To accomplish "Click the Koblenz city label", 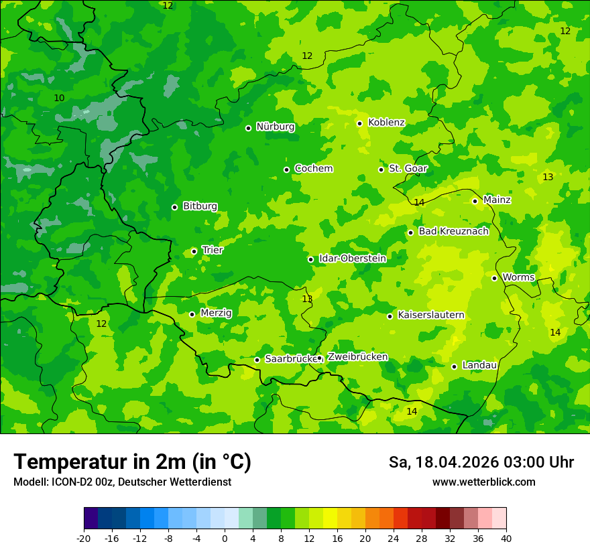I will click(386, 123).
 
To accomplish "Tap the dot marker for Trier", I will click(194, 251).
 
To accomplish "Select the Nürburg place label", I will click(275, 127).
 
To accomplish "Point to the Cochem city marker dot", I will click(286, 169).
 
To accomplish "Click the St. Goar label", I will click(408, 169).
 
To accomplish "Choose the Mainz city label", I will click(497, 200).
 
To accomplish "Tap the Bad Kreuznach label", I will click(453, 232).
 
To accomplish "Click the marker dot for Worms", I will click(494, 278).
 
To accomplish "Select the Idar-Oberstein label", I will click(352, 259).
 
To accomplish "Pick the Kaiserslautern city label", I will click(430, 316).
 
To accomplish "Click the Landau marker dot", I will click(454, 366).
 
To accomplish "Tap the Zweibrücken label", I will click(357, 357).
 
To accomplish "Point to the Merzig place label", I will click(216, 314).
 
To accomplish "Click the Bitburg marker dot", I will click(174, 207).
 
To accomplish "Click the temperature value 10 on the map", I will click(59, 98).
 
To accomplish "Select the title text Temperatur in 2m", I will click(132, 462).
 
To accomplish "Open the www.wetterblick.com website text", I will click(483, 482).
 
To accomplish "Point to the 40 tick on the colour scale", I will click(506, 539).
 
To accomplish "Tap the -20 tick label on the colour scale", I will click(84, 539).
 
